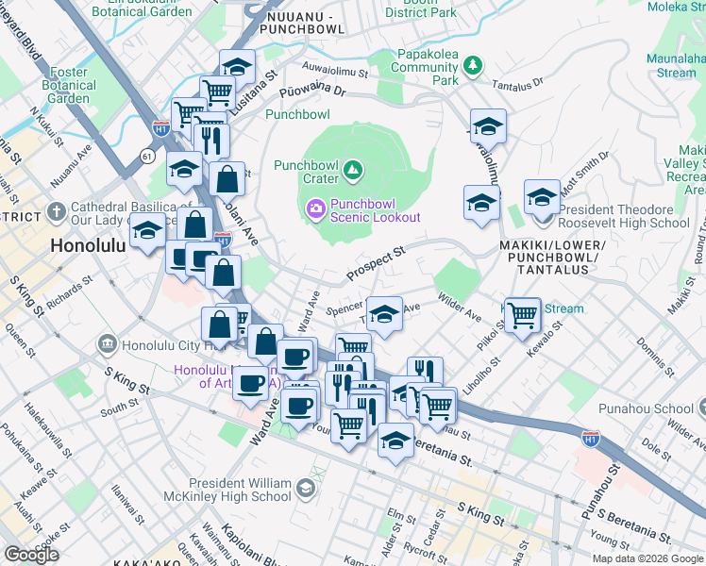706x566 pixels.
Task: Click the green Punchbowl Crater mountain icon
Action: point(352,170)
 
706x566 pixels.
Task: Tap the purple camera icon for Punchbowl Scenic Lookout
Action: point(315,206)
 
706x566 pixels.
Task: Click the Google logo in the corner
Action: point(31,555)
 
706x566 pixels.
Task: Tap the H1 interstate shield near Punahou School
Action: point(591,439)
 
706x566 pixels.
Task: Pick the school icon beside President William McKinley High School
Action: point(305,488)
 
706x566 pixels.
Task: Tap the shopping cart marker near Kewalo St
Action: point(522,314)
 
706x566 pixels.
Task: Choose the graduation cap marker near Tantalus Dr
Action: point(488,125)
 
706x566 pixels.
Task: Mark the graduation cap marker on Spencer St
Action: point(384,316)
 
